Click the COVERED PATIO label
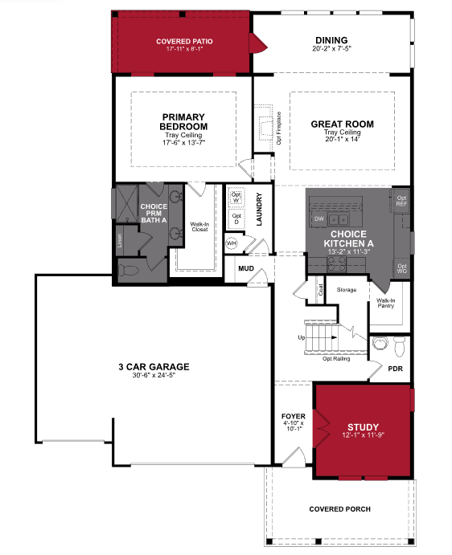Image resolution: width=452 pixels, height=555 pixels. (x=184, y=41)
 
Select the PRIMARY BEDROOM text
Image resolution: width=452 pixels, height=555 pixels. (x=183, y=121)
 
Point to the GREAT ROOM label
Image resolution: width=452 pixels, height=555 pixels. (x=342, y=124)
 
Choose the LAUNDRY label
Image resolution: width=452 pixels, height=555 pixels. (x=259, y=209)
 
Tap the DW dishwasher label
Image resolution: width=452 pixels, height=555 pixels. (x=319, y=218)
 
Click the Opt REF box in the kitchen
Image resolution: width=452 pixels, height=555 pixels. (x=402, y=201)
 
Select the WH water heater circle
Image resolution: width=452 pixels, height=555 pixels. (x=231, y=243)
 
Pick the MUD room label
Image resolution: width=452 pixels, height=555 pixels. (x=245, y=267)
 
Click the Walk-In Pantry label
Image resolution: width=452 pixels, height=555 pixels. (x=385, y=303)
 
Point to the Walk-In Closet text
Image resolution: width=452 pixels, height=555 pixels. (x=200, y=227)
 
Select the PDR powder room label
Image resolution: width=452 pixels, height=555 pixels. (x=395, y=369)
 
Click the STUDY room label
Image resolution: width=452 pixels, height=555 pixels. (x=363, y=426)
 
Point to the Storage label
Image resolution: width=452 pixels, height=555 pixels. (x=346, y=289)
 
